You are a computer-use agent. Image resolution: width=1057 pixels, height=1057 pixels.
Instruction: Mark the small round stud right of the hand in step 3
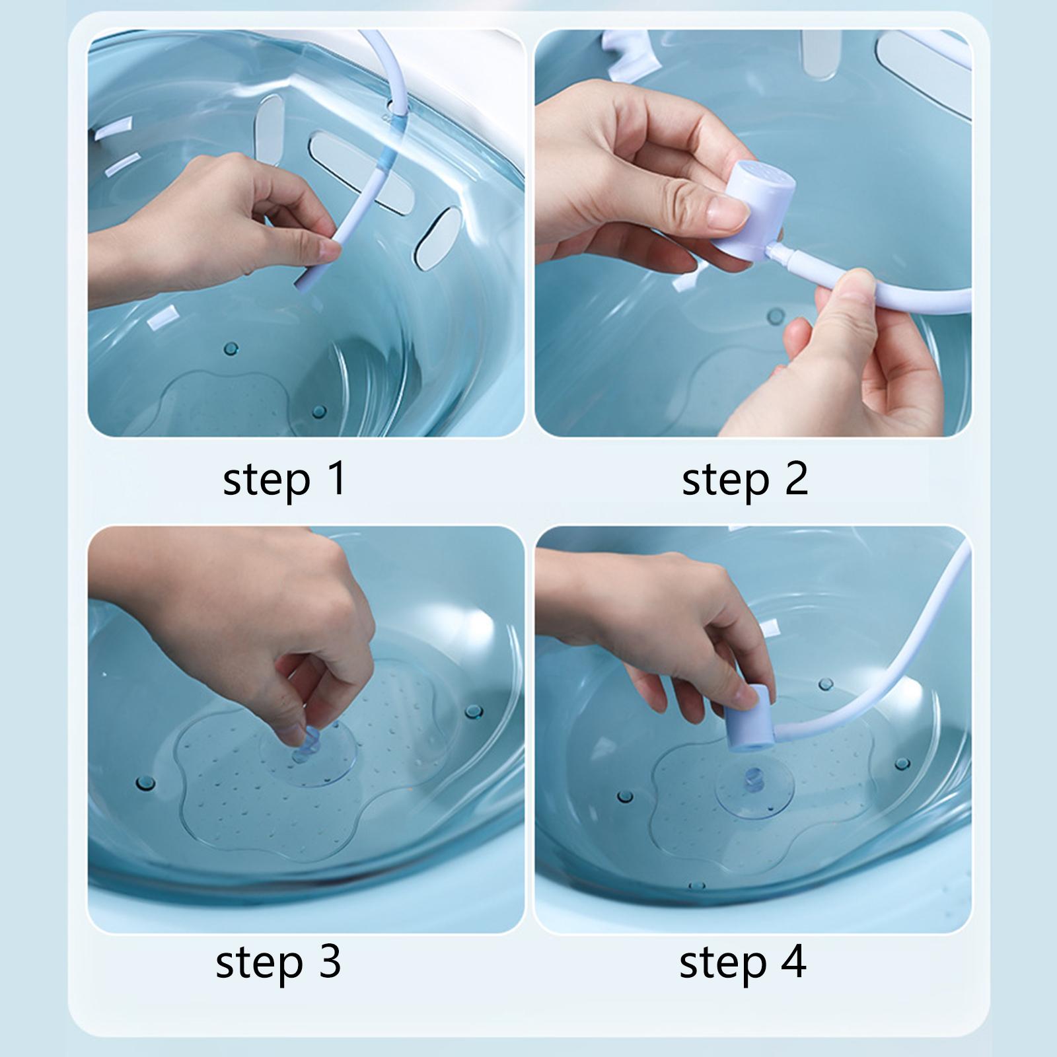tap(473, 711)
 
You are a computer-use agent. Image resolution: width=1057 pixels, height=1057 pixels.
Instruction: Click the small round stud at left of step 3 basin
tap(145, 784)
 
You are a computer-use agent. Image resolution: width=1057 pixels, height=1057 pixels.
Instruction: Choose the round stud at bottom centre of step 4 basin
tap(694, 885)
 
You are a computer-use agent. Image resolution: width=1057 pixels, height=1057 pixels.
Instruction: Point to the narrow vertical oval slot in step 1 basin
tap(270, 129)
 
